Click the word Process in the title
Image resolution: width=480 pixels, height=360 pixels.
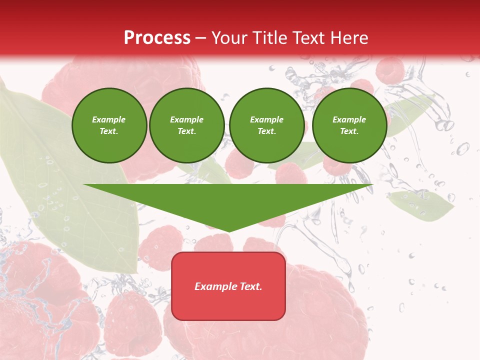point(157,38)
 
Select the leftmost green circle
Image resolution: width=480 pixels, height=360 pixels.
point(109,125)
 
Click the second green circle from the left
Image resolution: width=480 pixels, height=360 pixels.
point(186,125)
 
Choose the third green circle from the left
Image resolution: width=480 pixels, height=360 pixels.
point(266,125)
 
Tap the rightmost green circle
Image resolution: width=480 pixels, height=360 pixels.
point(349,125)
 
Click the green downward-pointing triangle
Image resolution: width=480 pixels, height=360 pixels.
point(228,202)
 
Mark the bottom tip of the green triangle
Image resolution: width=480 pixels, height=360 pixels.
point(228,230)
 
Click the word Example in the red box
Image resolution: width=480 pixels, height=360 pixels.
point(215,286)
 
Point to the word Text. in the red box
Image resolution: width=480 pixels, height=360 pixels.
point(250,286)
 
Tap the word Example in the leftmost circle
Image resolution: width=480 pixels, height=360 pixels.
point(109,119)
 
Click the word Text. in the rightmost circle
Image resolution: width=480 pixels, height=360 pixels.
point(349,131)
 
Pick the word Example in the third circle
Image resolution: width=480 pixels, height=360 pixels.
point(266,119)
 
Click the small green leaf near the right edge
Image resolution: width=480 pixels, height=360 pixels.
point(421,205)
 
